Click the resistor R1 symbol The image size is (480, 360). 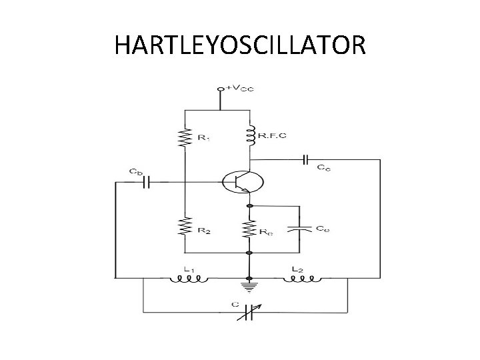pos(184,137)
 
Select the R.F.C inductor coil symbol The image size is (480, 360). pos(251,136)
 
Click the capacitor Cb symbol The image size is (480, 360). pos(147,180)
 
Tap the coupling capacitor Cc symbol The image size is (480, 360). pos(305,159)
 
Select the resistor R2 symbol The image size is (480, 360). pos(184,228)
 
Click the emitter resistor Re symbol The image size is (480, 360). pos(250,230)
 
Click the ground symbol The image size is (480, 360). pos(250,287)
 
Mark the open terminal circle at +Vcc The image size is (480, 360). pos(221,88)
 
